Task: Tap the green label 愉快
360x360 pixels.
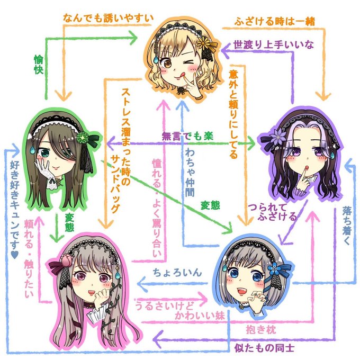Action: [x=38, y=67]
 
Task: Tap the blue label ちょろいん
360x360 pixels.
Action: [x=177, y=273]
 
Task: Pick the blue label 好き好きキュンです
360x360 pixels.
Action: [x=14, y=212]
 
